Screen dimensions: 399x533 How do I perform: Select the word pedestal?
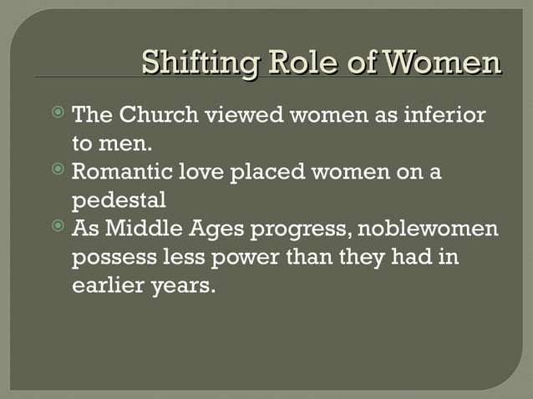tap(119, 200)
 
